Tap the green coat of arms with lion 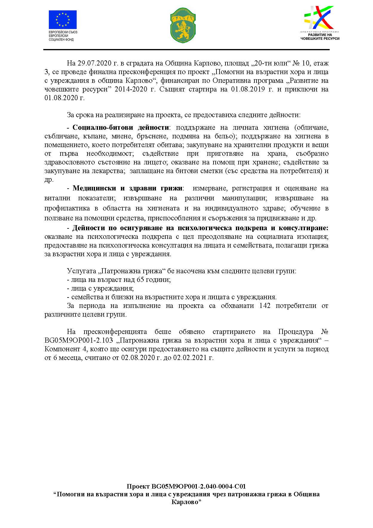click(x=183, y=25)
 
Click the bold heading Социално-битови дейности click(x=121, y=128)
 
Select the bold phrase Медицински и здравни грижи click(x=128, y=188)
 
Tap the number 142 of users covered click(x=265, y=306)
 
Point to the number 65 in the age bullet click(x=140, y=280)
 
